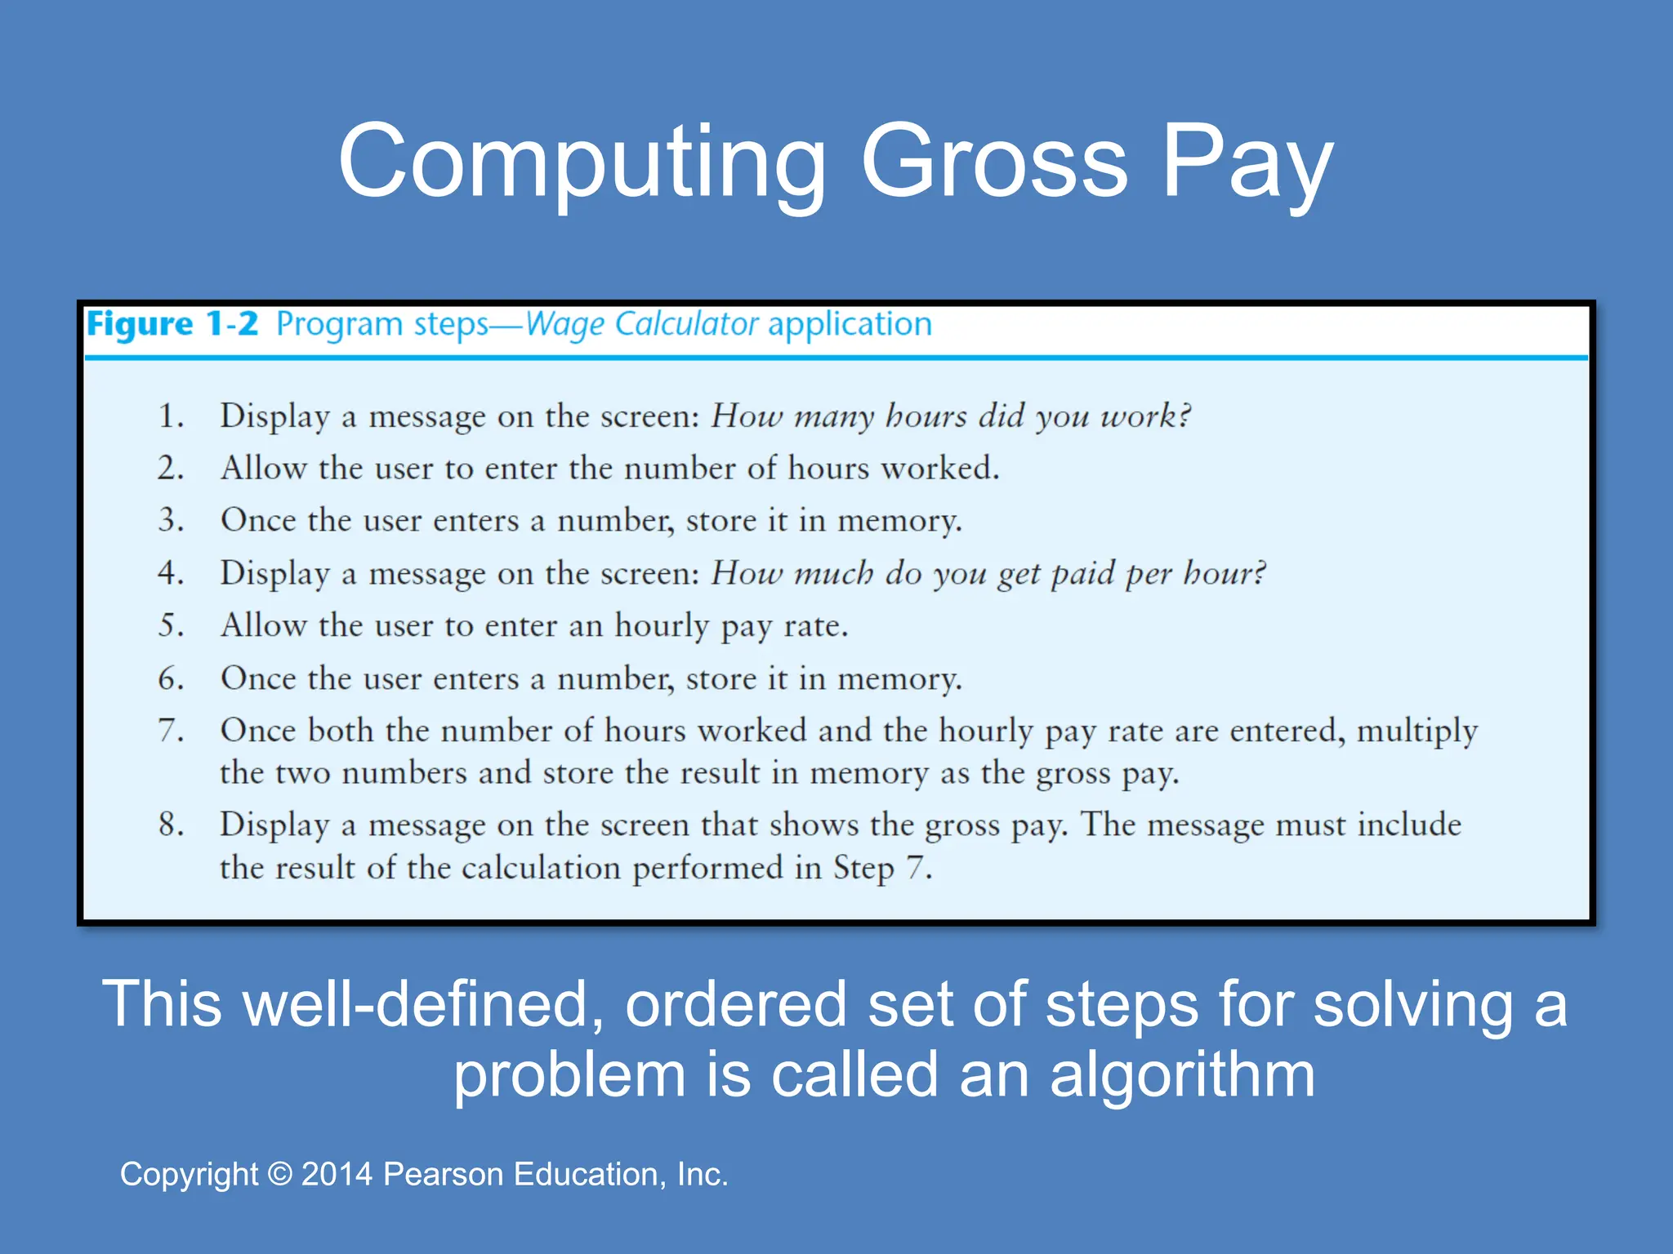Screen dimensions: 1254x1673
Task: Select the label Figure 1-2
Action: pyautogui.click(x=172, y=324)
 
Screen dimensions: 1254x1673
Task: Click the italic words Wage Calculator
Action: pyautogui.click(x=642, y=324)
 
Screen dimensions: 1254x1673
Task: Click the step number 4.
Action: pyautogui.click(x=170, y=573)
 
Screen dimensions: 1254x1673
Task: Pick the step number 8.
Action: pyautogui.click(x=170, y=825)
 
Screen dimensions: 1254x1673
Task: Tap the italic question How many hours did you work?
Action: pyautogui.click(x=950, y=416)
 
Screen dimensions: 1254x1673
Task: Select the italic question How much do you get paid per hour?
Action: pyautogui.click(x=988, y=573)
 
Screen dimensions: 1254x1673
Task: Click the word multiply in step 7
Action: pyautogui.click(x=1416, y=731)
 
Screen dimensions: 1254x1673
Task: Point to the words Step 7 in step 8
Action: pyautogui.click(x=881, y=868)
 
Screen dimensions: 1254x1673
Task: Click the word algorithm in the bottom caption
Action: pyautogui.click(x=1182, y=1074)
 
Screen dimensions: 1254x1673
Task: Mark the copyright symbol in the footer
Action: pyautogui.click(x=280, y=1174)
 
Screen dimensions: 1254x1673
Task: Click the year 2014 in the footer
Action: pyautogui.click(x=337, y=1174)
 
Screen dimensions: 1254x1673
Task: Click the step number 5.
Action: pyautogui.click(x=170, y=625)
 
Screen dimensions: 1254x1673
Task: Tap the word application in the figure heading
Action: pyautogui.click(x=850, y=324)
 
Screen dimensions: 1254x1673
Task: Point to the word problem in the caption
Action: pyautogui.click(x=569, y=1074)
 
